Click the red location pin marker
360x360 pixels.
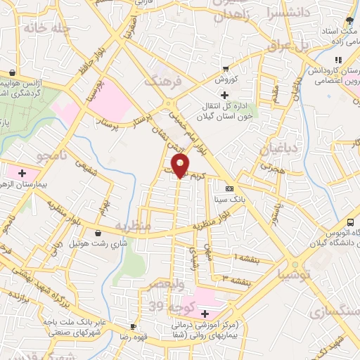tap(181, 166)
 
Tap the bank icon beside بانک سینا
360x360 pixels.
tap(229, 189)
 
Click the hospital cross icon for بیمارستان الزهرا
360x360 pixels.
tap(22, 172)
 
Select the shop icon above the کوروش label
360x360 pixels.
tap(225, 69)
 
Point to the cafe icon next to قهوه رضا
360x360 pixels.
tap(132, 327)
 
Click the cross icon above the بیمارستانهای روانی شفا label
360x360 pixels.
tap(205, 314)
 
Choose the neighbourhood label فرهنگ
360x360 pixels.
tap(163, 81)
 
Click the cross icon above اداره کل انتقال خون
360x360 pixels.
tap(224, 95)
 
